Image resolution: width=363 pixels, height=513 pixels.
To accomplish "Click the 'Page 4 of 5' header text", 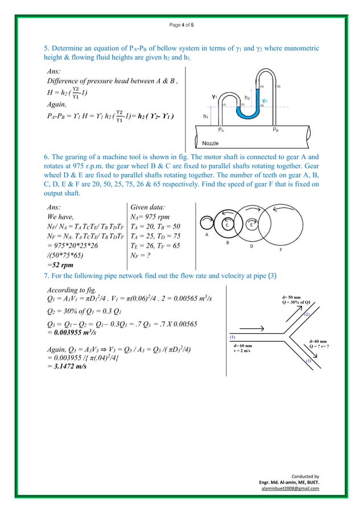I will (x=181, y=26).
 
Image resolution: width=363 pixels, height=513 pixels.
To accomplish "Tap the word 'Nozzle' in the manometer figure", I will (x=210, y=144).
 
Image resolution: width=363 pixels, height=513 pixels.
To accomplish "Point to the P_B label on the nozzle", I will (x=275, y=130).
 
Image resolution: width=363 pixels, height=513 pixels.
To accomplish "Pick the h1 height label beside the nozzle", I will (x=205, y=115).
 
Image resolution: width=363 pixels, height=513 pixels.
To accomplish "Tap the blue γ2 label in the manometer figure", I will (x=264, y=100).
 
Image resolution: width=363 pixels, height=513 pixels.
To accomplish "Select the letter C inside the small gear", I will (x=227, y=225).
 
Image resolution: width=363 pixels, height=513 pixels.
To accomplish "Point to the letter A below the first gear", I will (x=206, y=234).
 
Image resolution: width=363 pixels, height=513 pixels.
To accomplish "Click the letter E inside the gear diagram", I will (x=251, y=225).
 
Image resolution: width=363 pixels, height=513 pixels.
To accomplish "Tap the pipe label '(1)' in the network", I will (x=232, y=337).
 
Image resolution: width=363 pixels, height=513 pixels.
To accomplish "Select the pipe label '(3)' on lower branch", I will (x=308, y=361).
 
